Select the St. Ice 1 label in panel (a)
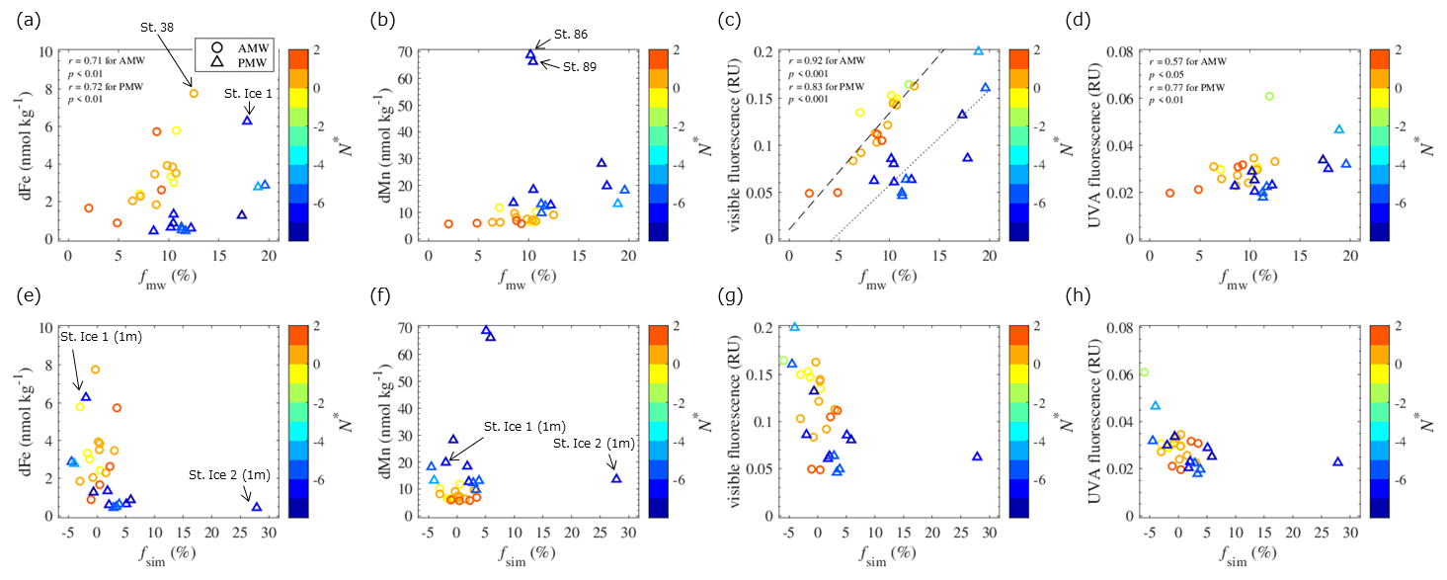pos(247,94)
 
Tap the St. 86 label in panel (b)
pos(570,35)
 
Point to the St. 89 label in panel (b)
pos(580,66)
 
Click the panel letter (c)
pos(740,18)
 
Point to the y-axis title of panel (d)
pos(1096,144)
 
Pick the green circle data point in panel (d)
pos(1269,96)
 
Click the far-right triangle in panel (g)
pos(977,456)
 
